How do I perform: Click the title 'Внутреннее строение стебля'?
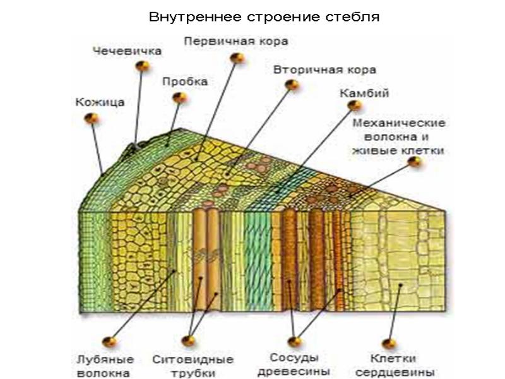click(x=264, y=16)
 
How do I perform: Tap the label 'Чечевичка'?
click(x=127, y=51)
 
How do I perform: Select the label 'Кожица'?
click(x=100, y=101)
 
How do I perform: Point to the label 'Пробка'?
click(x=184, y=82)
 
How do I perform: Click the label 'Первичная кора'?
click(x=236, y=42)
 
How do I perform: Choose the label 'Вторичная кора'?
click(x=324, y=69)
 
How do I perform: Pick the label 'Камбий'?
click(x=364, y=93)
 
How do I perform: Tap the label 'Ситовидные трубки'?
click(x=193, y=366)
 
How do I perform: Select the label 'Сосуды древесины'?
click(x=293, y=364)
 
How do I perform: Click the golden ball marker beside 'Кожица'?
click(x=92, y=118)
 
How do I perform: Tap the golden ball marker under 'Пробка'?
click(x=181, y=98)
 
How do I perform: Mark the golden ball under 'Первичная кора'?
click(x=237, y=57)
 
